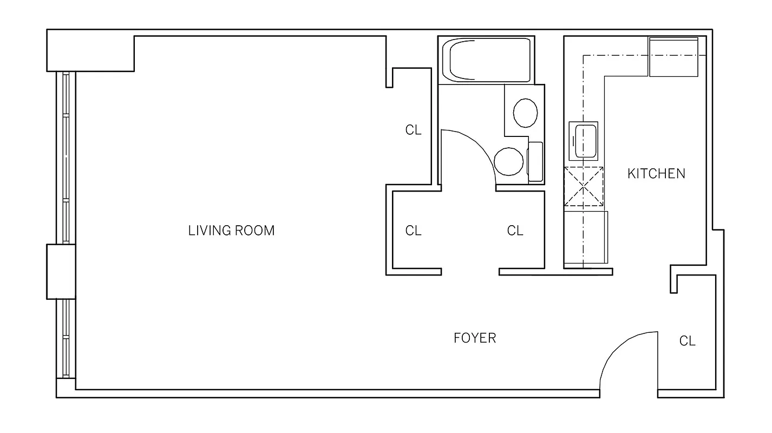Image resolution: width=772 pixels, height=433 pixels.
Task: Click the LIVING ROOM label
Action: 231,231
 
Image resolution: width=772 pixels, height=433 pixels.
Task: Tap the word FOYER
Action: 475,338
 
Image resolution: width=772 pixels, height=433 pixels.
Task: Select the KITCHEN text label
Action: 656,174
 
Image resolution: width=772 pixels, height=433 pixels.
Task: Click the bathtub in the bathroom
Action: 486,60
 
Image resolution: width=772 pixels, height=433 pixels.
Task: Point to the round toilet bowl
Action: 508,162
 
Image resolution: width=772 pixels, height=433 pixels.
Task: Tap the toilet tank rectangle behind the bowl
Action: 535,162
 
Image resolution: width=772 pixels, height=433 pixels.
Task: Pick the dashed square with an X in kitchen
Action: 584,187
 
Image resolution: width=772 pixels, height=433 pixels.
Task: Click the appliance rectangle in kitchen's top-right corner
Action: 673,57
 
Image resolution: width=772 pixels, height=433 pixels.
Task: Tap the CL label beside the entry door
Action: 687,341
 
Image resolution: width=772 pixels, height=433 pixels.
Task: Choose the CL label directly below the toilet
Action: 515,231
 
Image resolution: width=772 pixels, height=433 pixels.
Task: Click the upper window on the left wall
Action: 66,157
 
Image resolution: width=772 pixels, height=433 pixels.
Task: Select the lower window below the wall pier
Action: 66,338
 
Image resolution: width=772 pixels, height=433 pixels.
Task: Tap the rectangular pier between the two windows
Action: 61,271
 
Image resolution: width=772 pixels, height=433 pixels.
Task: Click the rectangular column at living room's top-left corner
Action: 90,51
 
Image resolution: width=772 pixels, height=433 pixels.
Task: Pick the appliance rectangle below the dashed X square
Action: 585,237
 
